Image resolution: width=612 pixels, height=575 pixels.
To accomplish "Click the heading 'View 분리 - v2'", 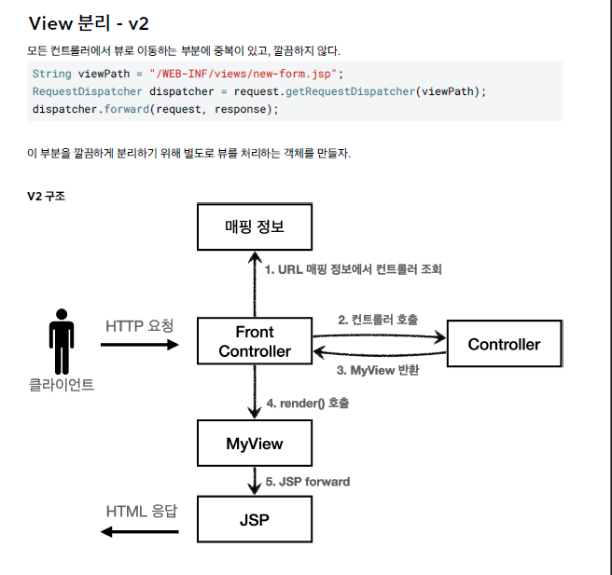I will click(89, 23).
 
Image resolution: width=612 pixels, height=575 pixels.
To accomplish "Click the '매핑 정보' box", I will click(255, 226).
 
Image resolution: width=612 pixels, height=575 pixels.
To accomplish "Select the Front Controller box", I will click(255, 341).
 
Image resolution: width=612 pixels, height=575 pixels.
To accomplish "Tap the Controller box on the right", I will click(504, 344).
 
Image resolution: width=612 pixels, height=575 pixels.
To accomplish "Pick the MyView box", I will click(255, 444).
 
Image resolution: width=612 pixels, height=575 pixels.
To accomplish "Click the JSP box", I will click(255, 520).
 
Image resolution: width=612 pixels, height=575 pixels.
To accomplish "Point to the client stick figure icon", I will click(62, 341).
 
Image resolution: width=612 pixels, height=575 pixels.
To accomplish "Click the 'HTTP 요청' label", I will click(139, 326).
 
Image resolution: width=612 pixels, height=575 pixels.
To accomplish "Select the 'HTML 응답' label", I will click(140, 511).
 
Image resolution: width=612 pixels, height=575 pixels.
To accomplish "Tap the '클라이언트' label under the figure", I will click(62, 383).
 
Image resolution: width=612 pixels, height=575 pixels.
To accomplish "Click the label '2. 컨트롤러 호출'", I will click(378, 320).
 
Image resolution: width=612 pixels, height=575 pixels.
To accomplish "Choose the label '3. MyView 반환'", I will click(378, 370).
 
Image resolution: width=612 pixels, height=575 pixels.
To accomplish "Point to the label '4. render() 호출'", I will click(308, 404).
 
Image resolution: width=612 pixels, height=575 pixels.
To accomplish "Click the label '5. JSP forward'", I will click(308, 482).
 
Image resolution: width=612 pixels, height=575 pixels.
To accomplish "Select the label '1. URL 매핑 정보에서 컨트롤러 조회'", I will click(353, 269).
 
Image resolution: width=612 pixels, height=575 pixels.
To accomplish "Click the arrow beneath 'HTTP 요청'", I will click(139, 345).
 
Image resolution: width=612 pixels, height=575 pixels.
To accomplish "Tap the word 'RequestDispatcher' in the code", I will click(87, 91).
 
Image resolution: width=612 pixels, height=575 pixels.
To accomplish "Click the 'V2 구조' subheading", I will click(46, 197).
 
